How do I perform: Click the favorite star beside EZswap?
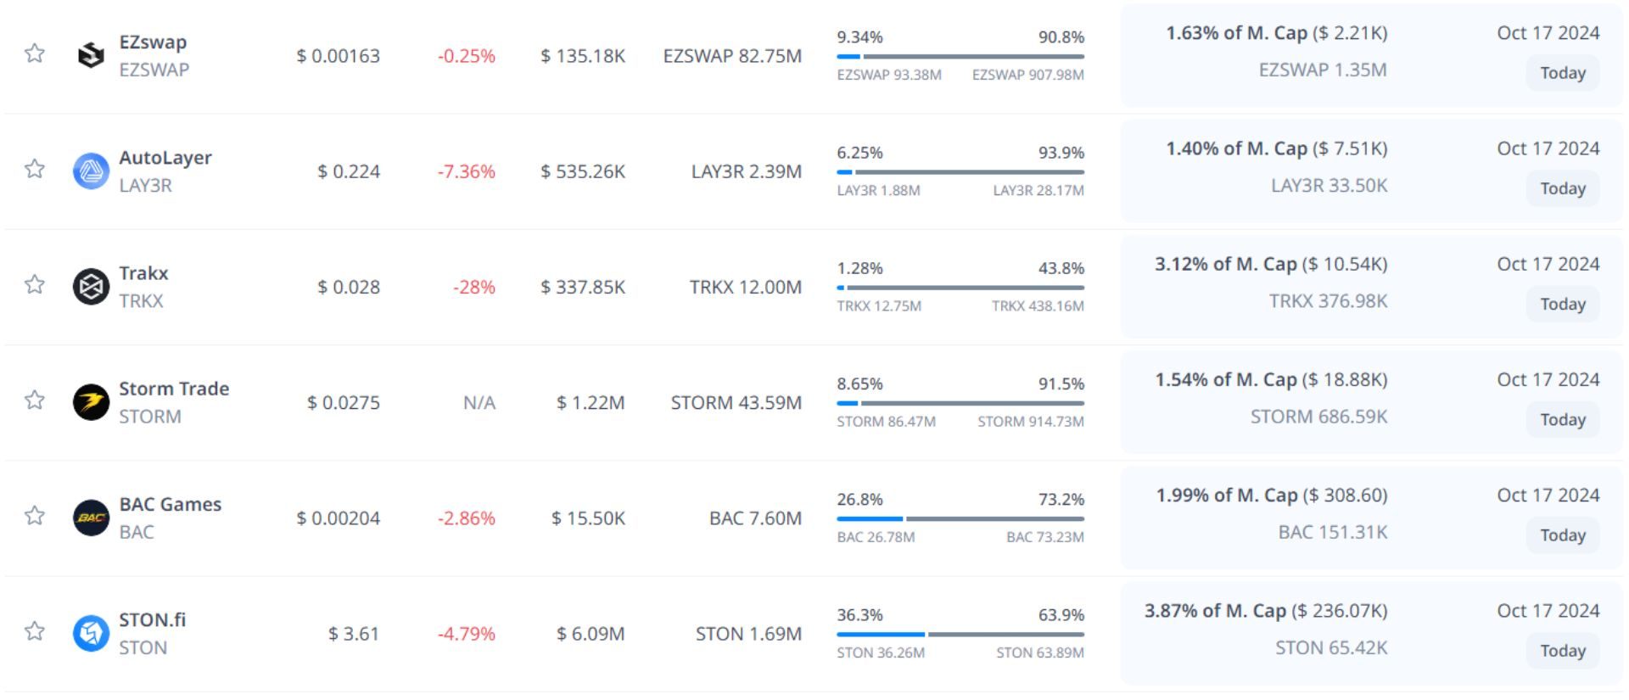(x=35, y=53)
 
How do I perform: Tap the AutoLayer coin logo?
(x=91, y=171)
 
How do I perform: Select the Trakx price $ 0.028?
(x=349, y=288)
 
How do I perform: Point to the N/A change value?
(x=479, y=403)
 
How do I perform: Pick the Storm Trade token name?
(x=174, y=389)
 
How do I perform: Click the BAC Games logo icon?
(x=91, y=518)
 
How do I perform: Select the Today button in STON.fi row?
(x=1562, y=651)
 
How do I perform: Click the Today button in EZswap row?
(x=1562, y=73)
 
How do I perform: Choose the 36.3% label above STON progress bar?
(x=859, y=615)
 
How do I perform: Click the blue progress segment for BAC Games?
(x=870, y=518)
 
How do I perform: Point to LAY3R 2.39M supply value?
(x=746, y=171)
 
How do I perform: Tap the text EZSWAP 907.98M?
(x=1027, y=75)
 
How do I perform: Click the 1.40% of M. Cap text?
(x=1235, y=148)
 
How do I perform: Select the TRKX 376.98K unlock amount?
(x=1328, y=301)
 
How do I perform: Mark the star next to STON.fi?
(x=35, y=631)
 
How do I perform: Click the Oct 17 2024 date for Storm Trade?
(x=1548, y=380)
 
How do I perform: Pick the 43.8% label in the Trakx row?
(x=1061, y=268)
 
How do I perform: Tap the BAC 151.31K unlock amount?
(x=1332, y=532)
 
